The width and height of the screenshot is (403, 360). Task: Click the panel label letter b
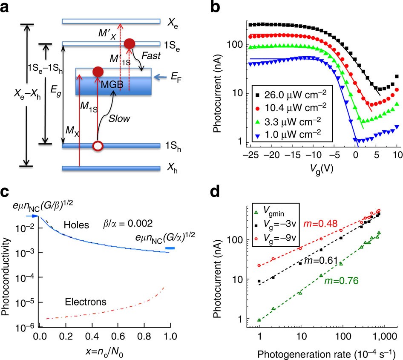(x=216, y=9)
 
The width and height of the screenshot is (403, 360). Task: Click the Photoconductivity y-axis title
(x=7, y=277)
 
